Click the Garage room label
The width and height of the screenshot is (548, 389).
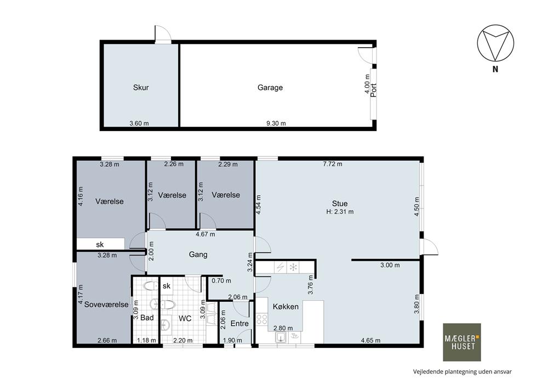point(270,87)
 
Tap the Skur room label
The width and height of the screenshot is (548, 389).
point(141,87)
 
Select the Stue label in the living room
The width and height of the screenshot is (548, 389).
point(340,204)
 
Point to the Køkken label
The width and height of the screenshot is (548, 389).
point(286,307)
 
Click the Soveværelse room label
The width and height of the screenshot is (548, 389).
point(107,305)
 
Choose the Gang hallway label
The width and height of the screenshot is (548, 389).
point(198,255)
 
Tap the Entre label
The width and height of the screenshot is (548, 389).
point(239,324)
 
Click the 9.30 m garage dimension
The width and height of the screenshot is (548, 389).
point(276,123)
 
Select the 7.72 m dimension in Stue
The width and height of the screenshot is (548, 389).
point(333,164)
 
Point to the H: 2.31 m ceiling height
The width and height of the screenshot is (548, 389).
point(340,212)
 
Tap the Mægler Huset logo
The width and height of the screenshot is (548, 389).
point(462,342)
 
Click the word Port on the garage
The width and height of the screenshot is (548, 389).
point(374,90)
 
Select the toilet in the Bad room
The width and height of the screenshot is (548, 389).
point(151,286)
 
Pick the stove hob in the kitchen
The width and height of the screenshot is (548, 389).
point(262,319)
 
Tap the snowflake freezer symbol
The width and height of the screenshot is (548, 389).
point(293,268)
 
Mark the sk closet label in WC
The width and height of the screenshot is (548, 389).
point(167,286)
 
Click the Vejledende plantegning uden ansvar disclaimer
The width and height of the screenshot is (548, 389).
point(463,371)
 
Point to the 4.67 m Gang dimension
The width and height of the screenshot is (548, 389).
point(206,234)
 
